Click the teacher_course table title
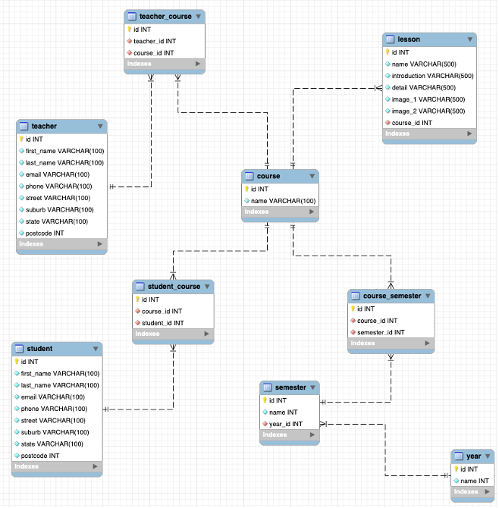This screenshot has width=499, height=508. click(165, 16)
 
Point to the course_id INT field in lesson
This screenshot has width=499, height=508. click(412, 123)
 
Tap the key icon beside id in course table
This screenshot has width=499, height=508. click(246, 189)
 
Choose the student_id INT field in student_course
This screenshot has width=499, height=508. click(162, 322)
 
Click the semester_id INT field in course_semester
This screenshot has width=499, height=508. click(381, 332)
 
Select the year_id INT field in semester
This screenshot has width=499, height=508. click(286, 424)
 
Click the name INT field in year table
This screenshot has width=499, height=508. click(474, 481)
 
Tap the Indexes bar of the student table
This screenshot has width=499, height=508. click(56, 467)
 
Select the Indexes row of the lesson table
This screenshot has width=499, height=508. click(429, 134)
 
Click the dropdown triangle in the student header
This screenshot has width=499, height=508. click(96, 349)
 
